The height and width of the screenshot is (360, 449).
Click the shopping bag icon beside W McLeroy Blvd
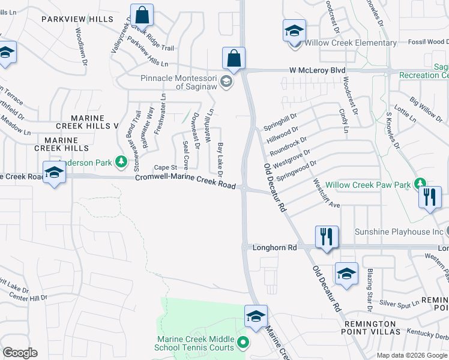pyautogui.click(x=234, y=58)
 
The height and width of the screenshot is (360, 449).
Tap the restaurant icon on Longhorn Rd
pyautogui.click(x=327, y=236)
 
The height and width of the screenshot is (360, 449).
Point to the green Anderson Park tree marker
pyautogui.click(x=121, y=161)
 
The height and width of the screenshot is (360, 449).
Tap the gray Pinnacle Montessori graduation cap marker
pyautogui.click(x=226, y=82)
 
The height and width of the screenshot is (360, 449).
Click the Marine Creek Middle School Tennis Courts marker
pyautogui.click(x=243, y=343)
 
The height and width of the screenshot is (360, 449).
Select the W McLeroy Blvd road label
pyautogui.click(x=318, y=70)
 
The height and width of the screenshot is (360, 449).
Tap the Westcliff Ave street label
pyautogui.click(x=326, y=194)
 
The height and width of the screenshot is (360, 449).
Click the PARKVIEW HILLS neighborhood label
pyautogui.click(x=77, y=20)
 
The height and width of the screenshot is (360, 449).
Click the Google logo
pyautogui.click(x=20, y=353)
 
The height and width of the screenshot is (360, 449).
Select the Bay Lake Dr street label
pyautogui.click(x=221, y=160)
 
